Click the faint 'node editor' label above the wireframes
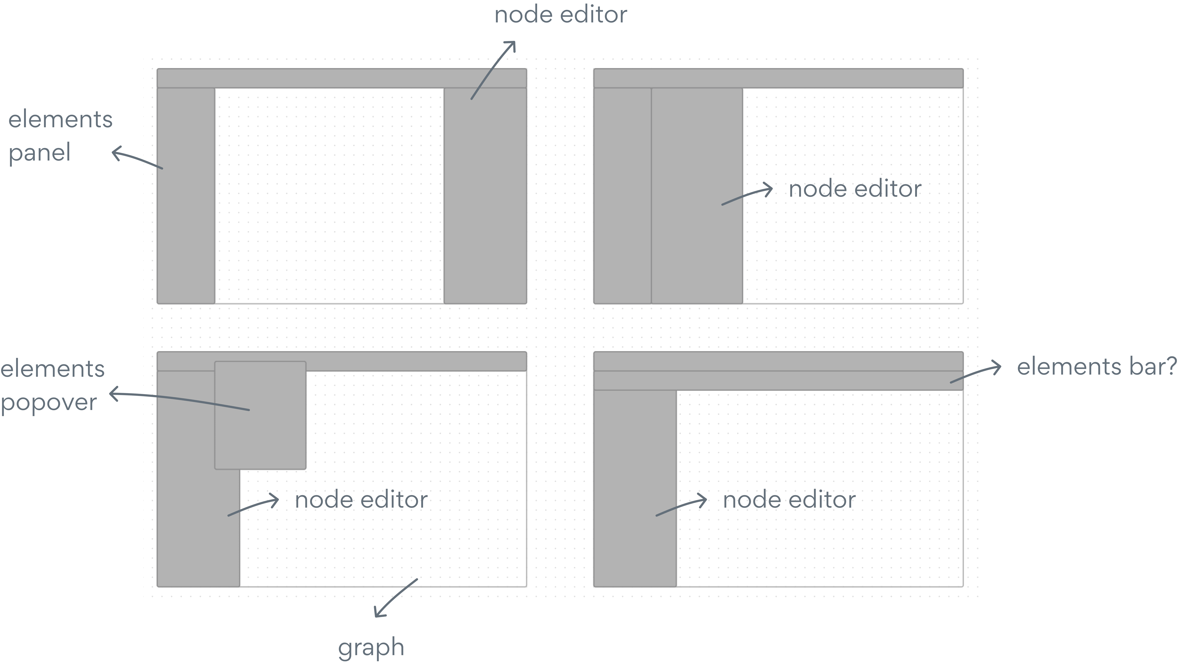[561, 15]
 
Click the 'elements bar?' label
[1096, 367]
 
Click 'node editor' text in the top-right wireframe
[855, 189]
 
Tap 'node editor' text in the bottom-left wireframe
[361, 499]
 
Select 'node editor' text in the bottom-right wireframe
[789, 499]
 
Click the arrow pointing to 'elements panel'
[136, 158]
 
